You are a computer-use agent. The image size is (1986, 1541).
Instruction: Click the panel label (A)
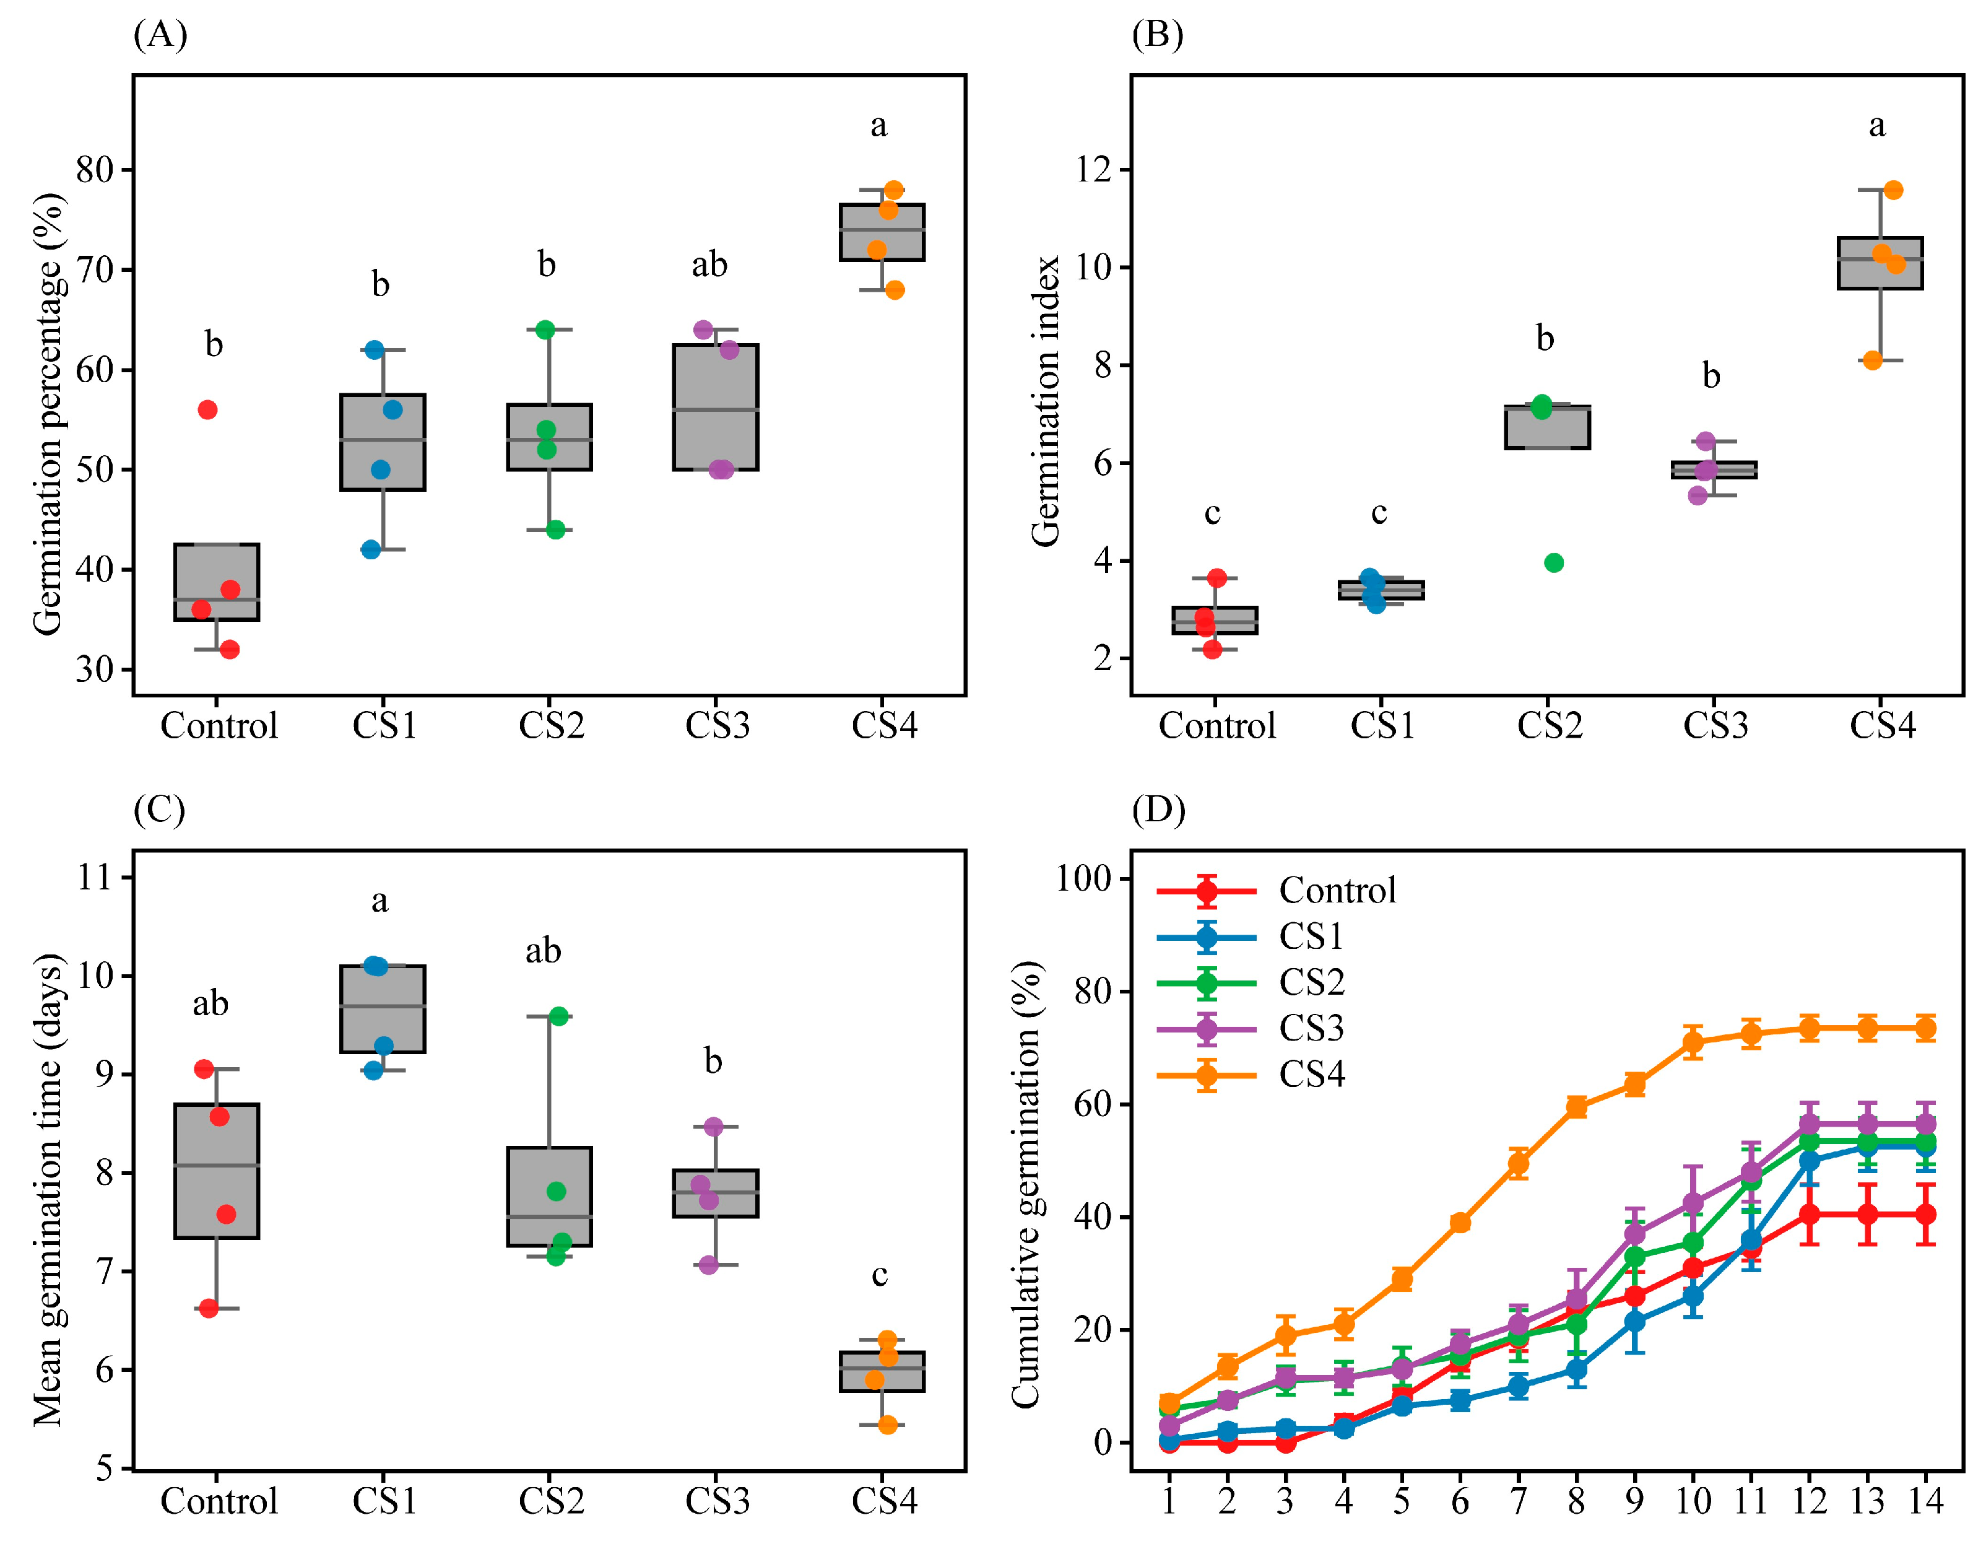click(160, 35)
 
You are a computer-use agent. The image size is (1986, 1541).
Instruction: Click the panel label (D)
click(1158, 809)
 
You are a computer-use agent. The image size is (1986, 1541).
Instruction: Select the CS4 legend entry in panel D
click(1311, 1075)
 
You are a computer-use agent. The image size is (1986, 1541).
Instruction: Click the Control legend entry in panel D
click(1337, 891)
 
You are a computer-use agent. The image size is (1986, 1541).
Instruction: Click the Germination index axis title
click(1046, 400)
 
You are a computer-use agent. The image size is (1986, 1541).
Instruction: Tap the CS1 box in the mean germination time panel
click(383, 1009)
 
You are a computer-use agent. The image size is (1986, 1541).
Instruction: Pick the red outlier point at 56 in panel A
click(207, 410)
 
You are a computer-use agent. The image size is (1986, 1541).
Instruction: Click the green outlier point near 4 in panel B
click(1554, 563)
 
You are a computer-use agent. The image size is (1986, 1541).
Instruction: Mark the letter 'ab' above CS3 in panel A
click(709, 264)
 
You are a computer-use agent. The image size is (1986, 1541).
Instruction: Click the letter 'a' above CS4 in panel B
click(1877, 126)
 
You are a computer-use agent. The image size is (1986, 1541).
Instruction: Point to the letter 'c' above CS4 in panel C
click(879, 1275)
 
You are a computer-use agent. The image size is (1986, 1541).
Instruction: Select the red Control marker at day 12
click(1810, 1215)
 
